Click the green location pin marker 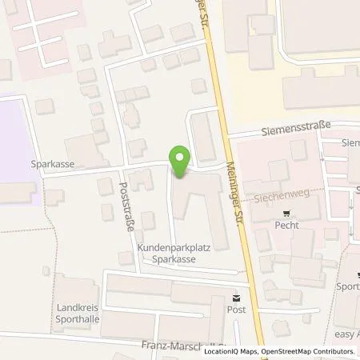tap(181, 162)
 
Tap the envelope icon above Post tap(235, 296)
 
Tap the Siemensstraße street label tap(290, 135)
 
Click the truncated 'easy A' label tap(346, 334)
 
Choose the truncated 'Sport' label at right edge tap(349, 286)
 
